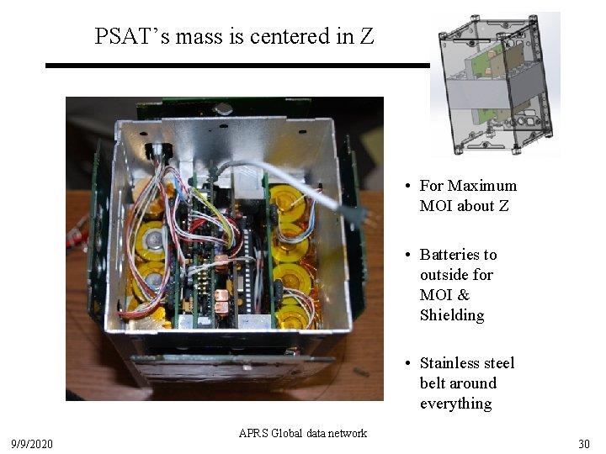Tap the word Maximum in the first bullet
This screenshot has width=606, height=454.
point(482,186)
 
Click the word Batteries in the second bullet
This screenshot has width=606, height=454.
point(458,255)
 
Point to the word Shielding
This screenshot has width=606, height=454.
point(452,315)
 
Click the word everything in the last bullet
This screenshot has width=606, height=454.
point(455,404)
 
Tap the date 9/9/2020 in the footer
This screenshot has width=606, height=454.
point(32,443)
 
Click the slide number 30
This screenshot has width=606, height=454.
point(583,443)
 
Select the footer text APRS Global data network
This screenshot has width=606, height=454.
point(303,434)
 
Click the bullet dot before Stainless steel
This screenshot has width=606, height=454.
point(407,364)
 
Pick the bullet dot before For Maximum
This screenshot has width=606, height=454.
point(407,187)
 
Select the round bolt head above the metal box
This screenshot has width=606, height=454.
point(223,108)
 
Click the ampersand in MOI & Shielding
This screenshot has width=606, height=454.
point(464,295)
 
